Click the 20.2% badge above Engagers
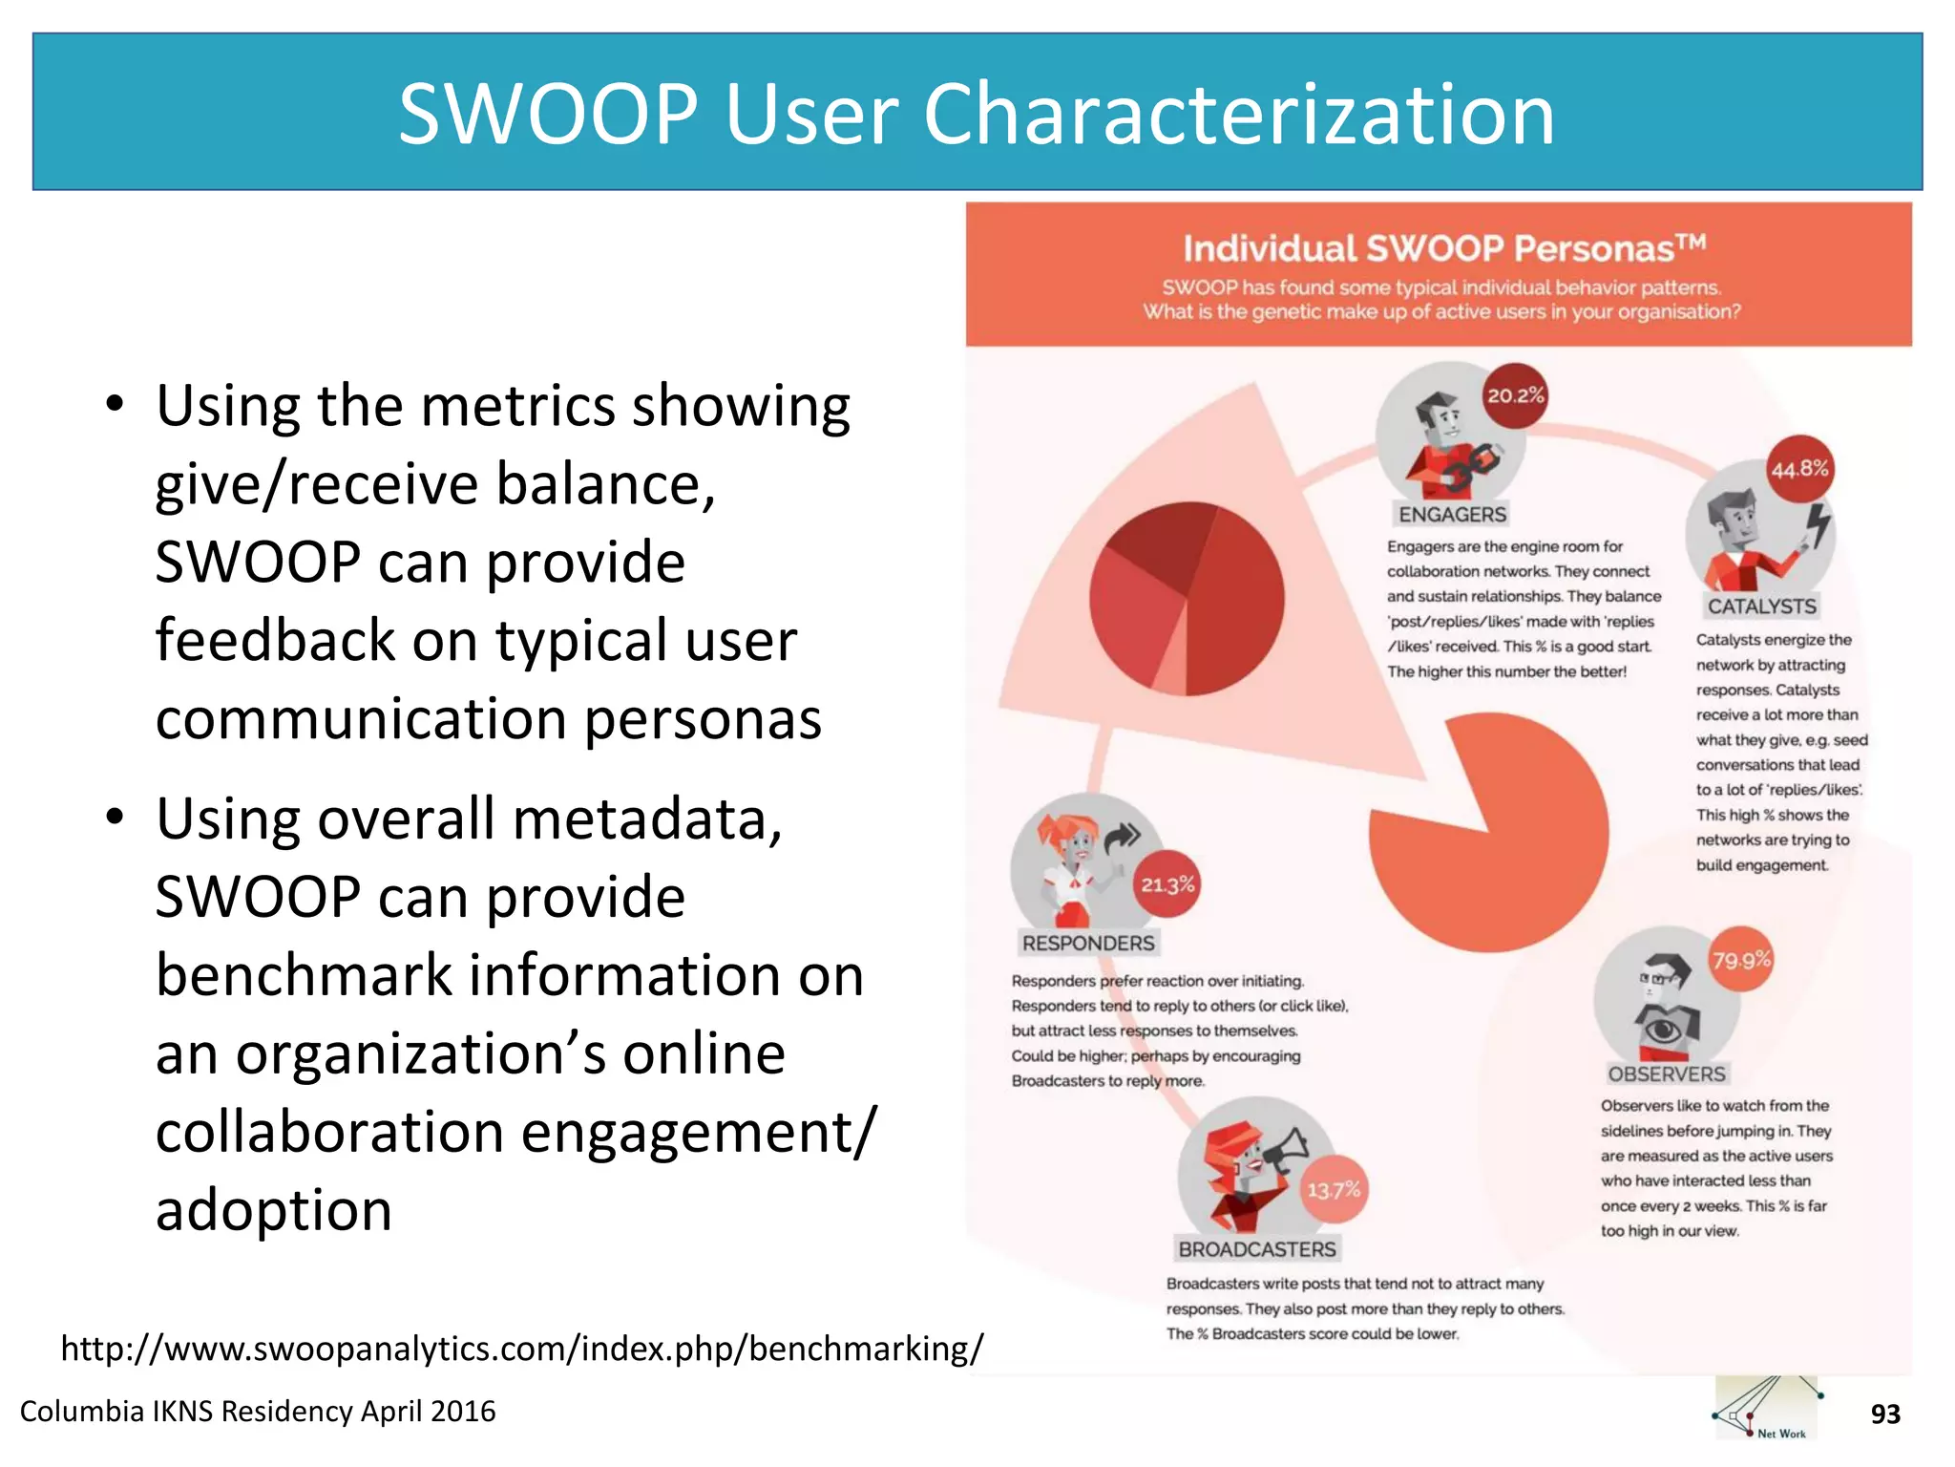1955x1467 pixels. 1515,395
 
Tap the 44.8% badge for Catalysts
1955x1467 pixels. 1799,469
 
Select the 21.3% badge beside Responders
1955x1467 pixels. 1167,884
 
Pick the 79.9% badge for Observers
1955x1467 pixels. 1741,960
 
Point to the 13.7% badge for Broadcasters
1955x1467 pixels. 1334,1190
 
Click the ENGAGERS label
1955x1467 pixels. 1452,515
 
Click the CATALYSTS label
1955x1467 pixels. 1761,606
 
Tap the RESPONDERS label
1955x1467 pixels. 1088,944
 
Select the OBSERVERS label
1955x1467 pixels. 1667,1074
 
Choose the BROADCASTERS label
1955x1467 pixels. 1257,1249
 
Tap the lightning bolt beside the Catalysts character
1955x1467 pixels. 1819,524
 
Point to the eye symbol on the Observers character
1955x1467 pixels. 1662,1031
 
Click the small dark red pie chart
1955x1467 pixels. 1187,599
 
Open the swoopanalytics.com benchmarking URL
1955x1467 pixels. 521,1349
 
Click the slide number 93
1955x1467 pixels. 1884,1414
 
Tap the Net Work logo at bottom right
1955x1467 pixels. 1766,1409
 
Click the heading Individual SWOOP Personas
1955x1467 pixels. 1442,248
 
